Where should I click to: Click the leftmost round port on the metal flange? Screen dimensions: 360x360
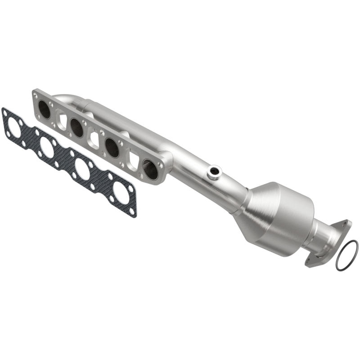45,109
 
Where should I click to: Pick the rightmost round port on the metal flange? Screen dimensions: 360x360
150,168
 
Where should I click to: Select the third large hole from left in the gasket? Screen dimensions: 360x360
83,169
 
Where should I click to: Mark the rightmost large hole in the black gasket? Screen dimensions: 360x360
121,191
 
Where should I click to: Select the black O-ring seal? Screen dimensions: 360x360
347,255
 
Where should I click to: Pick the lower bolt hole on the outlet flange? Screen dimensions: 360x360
309,260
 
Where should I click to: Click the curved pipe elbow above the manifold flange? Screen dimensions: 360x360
67,99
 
